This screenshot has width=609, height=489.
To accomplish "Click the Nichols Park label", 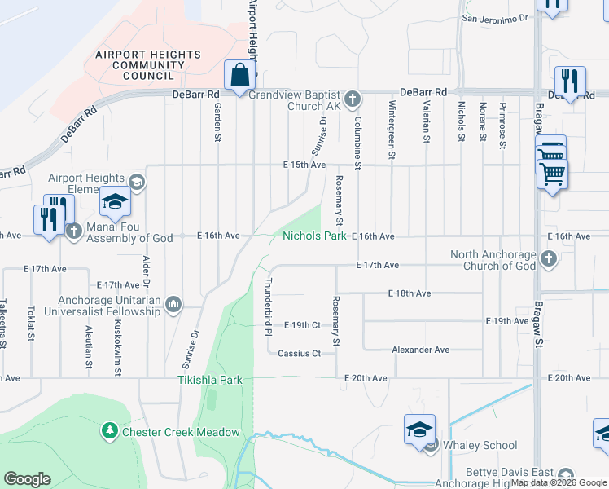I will point(315,236).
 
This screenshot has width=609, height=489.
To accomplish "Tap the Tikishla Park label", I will point(211,380).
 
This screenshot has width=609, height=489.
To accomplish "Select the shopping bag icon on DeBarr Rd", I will point(240,77).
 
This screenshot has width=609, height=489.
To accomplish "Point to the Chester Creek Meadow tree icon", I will point(110,430).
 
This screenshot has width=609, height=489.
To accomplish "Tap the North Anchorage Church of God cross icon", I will point(549,260).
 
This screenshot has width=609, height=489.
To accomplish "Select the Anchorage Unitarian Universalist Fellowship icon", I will point(173,306).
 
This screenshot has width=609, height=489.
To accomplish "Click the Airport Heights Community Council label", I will point(148,65).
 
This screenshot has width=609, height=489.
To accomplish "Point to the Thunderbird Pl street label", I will point(267,306).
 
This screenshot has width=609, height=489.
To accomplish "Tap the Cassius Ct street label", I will point(299,354).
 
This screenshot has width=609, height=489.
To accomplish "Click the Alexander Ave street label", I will point(420,350).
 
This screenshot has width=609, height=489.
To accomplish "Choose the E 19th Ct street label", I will point(302,325).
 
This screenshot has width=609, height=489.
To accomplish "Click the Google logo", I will point(28,479).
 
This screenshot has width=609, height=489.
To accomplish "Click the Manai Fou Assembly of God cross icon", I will point(74,231).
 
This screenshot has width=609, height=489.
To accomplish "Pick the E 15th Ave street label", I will point(304,165).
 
